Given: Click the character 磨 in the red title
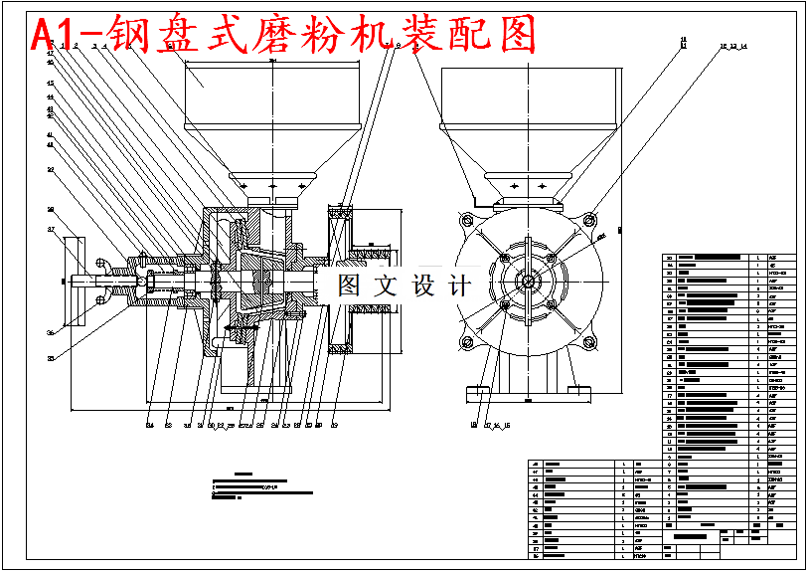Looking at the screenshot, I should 315,35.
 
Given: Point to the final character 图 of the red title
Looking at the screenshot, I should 514,35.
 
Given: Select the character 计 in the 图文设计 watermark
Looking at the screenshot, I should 458,286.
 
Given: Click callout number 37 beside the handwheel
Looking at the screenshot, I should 50,230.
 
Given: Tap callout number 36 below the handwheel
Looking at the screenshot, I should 50,333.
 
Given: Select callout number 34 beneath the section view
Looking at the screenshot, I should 150,426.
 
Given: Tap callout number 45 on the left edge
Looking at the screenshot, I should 50,83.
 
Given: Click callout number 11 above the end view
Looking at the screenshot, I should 683,42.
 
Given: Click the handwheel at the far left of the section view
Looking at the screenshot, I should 73,282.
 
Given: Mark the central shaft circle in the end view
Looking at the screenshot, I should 527,282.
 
